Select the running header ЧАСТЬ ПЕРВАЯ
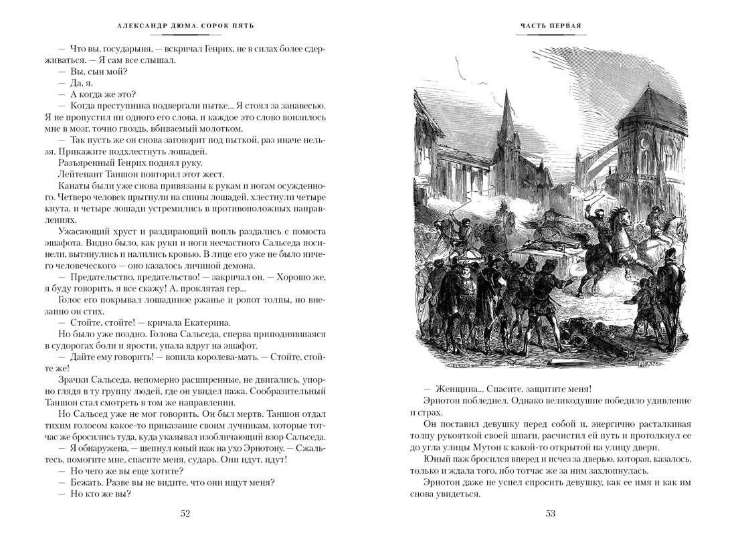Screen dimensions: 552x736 (x=550, y=27)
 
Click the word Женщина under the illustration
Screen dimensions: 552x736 (x=458, y=389)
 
